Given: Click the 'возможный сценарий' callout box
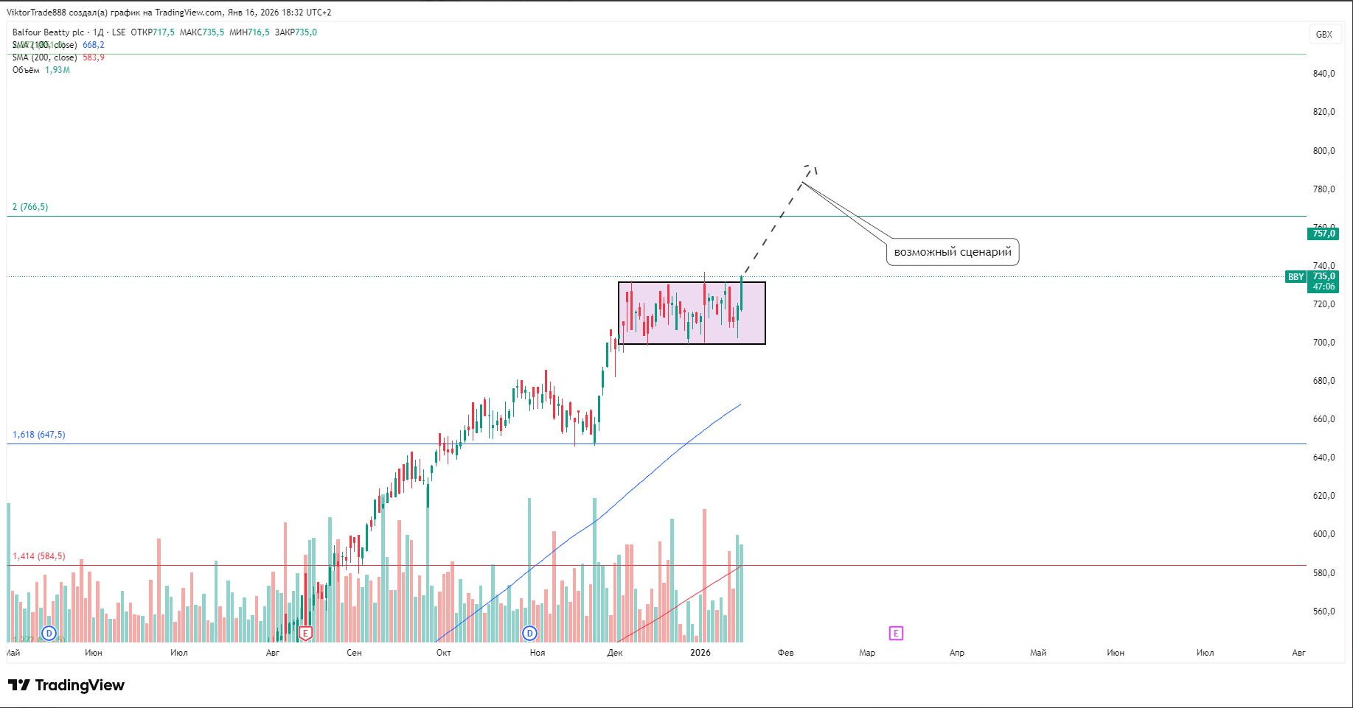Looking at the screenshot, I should (x=952, y=252).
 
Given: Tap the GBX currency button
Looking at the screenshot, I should (x=1324, y=34).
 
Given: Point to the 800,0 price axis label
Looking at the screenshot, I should (x=1324, y=151).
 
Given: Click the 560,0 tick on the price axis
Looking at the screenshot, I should (x=1324, y=611).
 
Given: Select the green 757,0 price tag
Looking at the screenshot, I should (x=1323, y=234).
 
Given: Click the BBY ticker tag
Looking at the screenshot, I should (x=1295, y=277).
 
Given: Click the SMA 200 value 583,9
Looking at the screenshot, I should (x=94, y=57).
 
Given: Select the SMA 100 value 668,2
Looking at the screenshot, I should (x=94, y=45).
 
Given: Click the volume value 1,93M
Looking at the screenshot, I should (x=58, y=70).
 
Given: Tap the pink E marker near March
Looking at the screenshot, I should (x=896, y=633).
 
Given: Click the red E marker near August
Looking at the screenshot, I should (x=305, y=633).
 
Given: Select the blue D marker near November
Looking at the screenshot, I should (x=529, y=633).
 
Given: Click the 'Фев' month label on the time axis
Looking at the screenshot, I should (x=785, y=653).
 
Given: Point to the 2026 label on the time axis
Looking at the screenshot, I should (x=700, y=653).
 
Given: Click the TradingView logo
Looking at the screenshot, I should (x=66, y=685).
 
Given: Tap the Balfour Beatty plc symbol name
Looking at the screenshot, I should (x=47, y=32).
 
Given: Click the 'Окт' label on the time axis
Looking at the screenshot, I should (x=443, y=653).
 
